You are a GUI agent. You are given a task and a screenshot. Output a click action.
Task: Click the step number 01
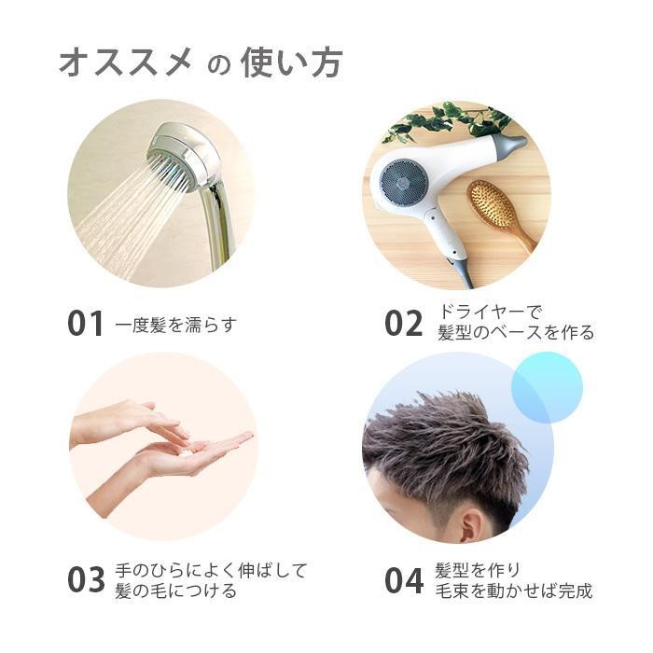pos(85,324)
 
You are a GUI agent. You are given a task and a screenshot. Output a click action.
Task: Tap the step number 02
pos(404,324)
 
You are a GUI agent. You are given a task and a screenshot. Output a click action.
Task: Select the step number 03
pos(86,580)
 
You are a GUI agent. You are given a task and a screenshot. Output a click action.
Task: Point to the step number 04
pos(404,580)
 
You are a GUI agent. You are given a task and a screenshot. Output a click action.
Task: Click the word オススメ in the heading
pos(125,63)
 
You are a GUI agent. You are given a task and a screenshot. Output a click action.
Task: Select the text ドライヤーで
pos(490,312)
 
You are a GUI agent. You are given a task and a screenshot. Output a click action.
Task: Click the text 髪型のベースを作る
pos(515,333)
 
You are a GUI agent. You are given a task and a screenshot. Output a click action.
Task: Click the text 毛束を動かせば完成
pos(513,591)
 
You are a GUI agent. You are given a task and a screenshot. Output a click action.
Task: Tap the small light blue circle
pos(546,386)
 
